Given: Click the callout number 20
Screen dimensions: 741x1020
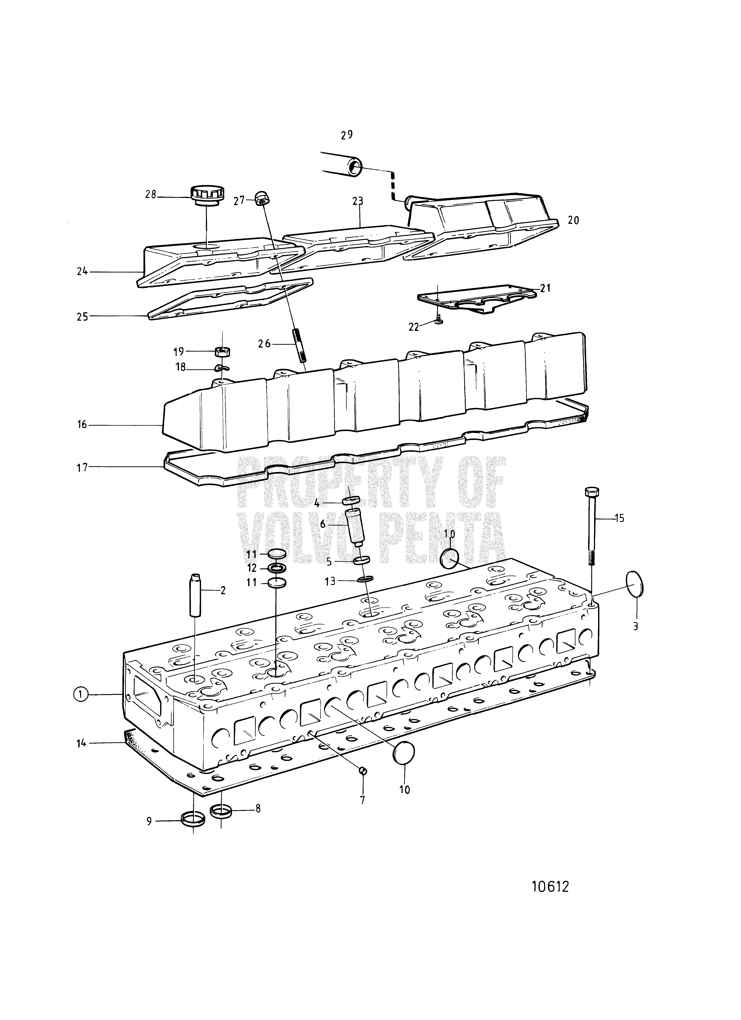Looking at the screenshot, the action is (573, 220).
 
